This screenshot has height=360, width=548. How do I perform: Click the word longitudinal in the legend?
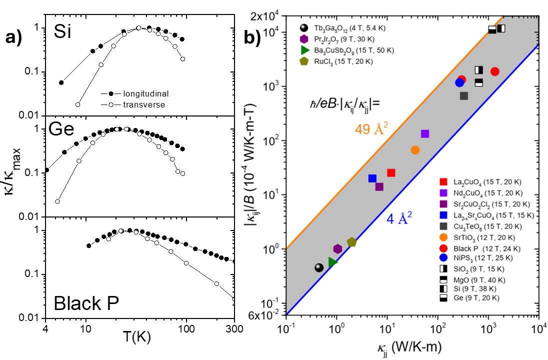140,93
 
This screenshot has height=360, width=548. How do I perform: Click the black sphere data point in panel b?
318,268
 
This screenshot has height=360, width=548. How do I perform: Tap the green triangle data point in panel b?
333,261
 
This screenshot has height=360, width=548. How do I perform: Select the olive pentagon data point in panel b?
351,242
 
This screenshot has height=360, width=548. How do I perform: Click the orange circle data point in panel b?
415,150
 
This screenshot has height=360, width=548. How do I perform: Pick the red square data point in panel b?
391,172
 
